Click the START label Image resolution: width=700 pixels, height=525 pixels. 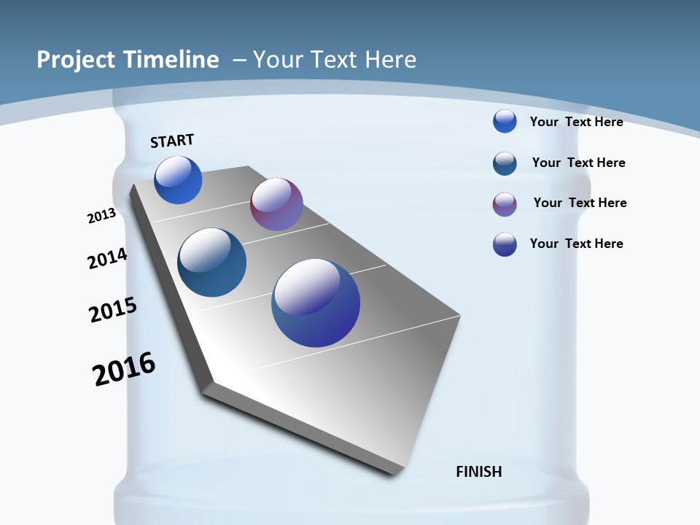172,141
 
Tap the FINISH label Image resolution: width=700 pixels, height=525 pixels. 479,472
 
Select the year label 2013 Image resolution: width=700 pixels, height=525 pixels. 101,216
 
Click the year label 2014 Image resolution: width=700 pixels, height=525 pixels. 107,258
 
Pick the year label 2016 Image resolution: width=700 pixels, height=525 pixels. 124,369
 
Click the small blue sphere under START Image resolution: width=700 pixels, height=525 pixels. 178,180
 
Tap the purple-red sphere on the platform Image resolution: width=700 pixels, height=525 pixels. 276,204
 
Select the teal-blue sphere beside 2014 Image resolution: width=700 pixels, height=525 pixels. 212,262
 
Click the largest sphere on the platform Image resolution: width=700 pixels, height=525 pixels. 316,303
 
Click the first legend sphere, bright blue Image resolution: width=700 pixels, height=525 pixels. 505,121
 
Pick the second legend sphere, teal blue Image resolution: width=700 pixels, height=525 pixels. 505,163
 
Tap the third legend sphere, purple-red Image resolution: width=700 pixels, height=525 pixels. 505,204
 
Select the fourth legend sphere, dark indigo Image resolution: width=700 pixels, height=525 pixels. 505,244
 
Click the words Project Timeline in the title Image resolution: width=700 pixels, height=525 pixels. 128,60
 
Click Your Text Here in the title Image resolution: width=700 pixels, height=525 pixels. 335,60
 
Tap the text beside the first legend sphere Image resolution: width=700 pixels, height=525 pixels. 576,122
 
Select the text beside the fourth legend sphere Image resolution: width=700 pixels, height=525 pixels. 576,244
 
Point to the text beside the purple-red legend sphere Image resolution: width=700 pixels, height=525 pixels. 580,203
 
